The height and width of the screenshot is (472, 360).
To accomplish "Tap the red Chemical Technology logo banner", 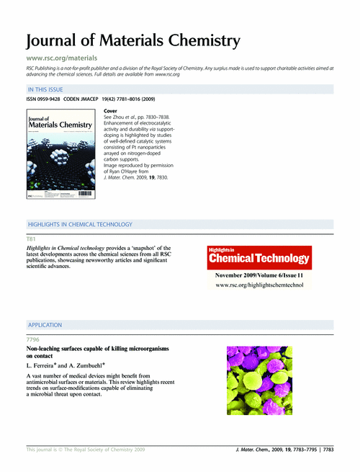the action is point(260,257).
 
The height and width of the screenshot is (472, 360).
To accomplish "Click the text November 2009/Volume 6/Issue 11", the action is point(260,276).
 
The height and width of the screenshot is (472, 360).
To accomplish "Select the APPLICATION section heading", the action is point(45,326).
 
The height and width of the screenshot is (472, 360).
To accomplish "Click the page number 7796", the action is point(33,339).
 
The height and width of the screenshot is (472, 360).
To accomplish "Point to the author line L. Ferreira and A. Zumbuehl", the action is point(71,366).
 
